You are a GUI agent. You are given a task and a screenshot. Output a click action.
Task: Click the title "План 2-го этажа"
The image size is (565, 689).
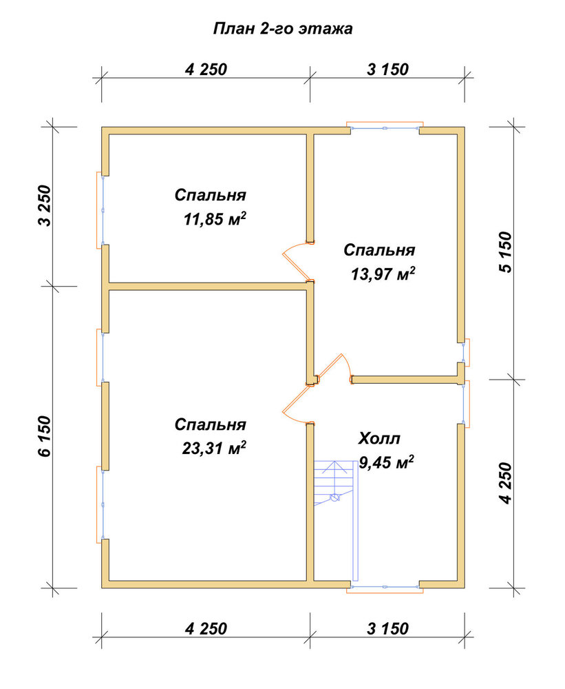point(283,29)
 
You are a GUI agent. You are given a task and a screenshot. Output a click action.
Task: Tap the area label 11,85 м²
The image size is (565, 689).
point(214,219)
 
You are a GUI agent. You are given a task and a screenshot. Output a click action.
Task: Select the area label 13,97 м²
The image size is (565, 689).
point(383,274)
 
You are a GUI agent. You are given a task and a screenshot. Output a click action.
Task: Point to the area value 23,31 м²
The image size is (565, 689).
point(214,449)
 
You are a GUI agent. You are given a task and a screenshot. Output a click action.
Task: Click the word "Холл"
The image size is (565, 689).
point(379,438)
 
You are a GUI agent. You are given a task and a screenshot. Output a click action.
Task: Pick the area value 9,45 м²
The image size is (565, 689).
point(386,462)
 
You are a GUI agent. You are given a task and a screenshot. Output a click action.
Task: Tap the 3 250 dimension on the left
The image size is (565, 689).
point(45,205)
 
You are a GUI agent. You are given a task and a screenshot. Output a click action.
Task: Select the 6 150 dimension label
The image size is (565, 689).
point(45,436)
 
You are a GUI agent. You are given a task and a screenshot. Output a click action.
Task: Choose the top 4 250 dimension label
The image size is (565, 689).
point(206,70)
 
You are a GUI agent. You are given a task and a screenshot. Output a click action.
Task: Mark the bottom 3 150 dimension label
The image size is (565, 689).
point(387,629)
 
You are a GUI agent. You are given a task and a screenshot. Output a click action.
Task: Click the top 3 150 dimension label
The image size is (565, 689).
point(387,70)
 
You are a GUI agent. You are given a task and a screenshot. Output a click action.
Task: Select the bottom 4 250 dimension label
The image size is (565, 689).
point(206,629)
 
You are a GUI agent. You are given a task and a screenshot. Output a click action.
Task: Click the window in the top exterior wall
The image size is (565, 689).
point(385,127)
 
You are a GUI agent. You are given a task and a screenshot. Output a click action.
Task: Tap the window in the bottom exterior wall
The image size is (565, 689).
point(385,588)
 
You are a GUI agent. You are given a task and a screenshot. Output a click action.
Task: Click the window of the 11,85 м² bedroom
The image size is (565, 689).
point(101,210)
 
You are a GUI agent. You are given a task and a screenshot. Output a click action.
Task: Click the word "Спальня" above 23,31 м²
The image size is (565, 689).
point(211,425)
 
